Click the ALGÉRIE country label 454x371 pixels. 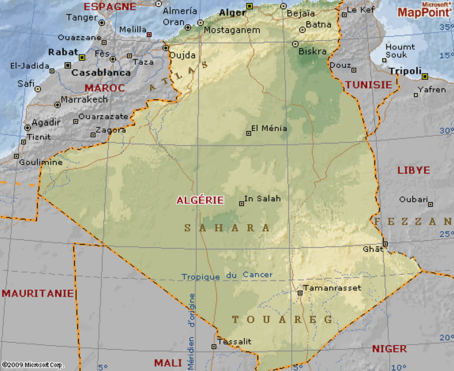pyautogui.click(x=200, y=200)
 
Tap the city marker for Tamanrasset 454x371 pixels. pyautogui.click(x=300, y=293)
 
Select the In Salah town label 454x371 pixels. pyautogui.click(x=262, y=199)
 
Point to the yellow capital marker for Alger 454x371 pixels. pyautogui.click(x=250, y=6)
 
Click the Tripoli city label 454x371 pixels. pyautogui.click(x=405, y=71)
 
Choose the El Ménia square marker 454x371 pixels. pyautogui.click(x=249, y=133)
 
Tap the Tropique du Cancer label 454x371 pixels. pyautogui.click(x=227, y=276)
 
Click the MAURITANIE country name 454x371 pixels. pyautogui.click(x=38, y=293)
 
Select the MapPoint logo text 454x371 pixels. pyautogui.click(x=424, y=12)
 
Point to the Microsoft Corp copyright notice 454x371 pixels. pyautogui.click(x=32, y=365)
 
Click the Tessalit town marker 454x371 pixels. pyautogui.click(x=214, y=346)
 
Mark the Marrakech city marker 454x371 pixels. pyautogui.click(x=57, y=105)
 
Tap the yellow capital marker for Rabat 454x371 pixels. pyautogui.click(x=82, y=57)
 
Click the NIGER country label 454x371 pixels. pyautogui.click(x=389, y=349)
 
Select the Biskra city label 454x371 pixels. pyautogui.click(x=313, y=51)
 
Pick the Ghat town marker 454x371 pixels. pyautogui.click(x=386, y=243)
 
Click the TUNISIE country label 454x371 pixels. pyautogui.click(x=369, y=85)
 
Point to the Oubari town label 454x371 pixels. pyautogui.click(x=413, y=199)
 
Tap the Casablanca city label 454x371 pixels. pyautogui.click(x=101, y=72)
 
